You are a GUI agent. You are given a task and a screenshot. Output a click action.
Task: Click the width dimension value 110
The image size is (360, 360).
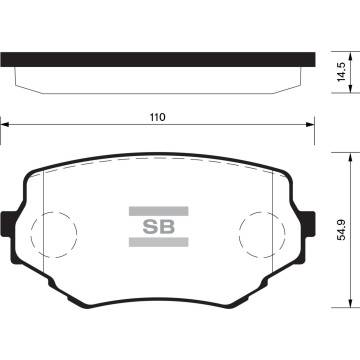click(x=156, y=117)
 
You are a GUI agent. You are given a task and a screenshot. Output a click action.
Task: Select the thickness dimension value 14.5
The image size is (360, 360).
click(x=342, y=73)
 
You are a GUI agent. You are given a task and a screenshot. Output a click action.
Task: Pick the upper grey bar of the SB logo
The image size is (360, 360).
click(x=158, y=210)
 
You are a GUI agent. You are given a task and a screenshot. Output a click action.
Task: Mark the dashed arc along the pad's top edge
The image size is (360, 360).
click(x=158, y=161)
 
